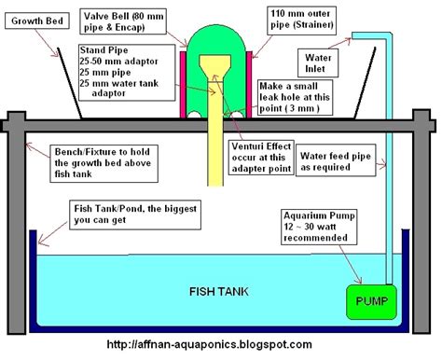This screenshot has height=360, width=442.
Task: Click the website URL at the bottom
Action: (x=220, y=347)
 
